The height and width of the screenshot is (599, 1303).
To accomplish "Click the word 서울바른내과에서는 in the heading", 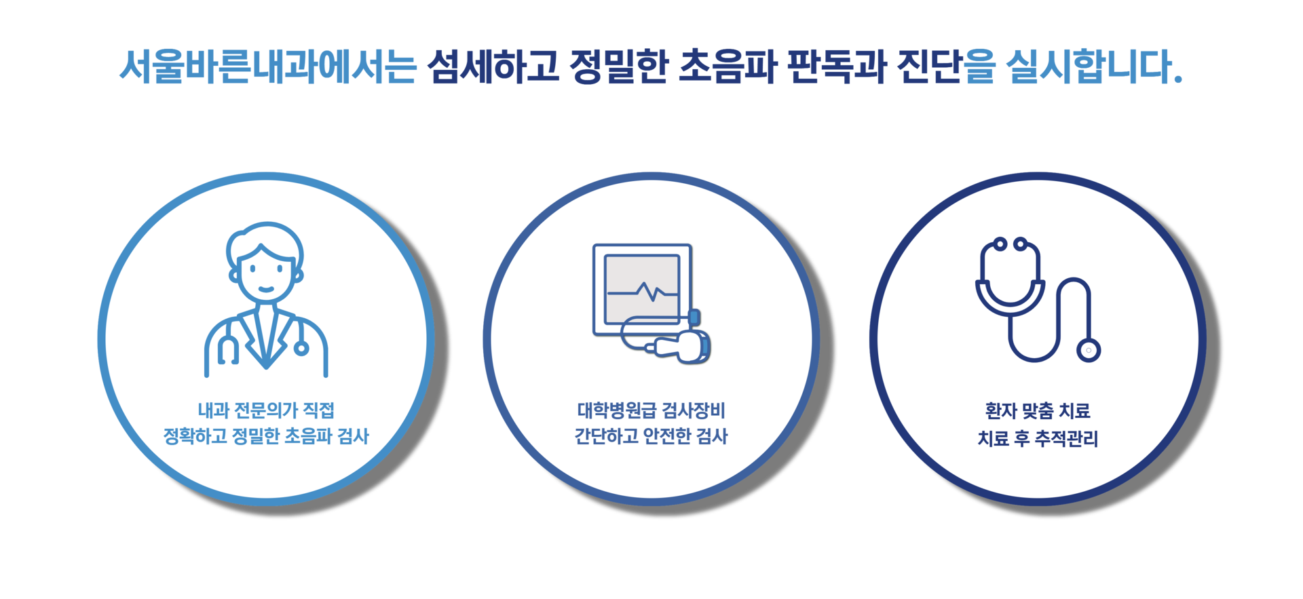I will click(x=267, y=67).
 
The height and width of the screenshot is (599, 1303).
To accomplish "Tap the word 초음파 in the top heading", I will click(x=727, y=67).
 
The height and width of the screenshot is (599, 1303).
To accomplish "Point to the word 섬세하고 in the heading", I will click(x=493, y=67).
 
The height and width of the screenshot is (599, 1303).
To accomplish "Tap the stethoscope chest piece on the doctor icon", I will click(x=301, y=348).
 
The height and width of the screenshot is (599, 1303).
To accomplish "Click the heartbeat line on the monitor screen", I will click(x=642, y=292).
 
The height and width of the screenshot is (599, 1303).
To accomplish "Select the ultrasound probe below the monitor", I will click(x=685, y=344).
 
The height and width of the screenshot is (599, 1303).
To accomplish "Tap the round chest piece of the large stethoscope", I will click(x=1089, y=350).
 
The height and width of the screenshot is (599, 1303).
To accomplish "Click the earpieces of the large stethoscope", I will click(x=1010, y=244).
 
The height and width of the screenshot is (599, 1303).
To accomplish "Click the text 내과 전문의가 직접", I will click(x=266, y=410).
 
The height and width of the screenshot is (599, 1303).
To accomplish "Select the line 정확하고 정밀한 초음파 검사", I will click(x=266, y=436).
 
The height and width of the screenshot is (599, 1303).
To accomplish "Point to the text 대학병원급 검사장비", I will click(x=651, y=410).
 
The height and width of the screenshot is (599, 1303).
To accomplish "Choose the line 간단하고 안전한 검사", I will click(x=651, y=436).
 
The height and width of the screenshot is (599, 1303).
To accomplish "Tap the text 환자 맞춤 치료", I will click(x=1037, y=410).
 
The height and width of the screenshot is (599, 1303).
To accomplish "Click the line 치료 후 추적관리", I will click(x=1037, y=439).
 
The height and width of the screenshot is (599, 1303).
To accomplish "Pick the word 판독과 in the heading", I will click(x=837, y=67).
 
